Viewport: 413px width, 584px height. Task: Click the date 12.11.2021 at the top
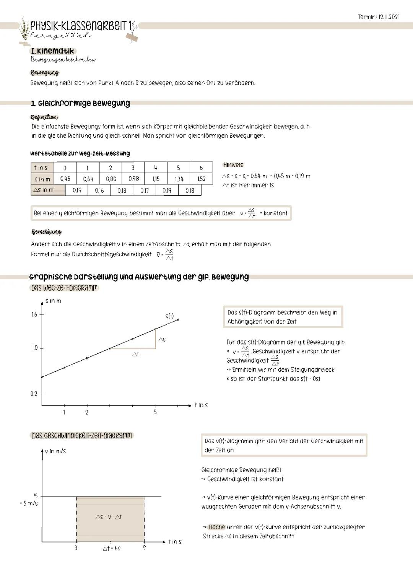point(389,17)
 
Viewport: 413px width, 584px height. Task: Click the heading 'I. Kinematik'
point(52,51)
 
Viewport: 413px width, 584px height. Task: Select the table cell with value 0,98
point(133,179)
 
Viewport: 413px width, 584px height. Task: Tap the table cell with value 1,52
point(201,179)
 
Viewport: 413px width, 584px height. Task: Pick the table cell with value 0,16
point(99,190)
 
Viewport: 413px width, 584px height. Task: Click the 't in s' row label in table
point(41,168)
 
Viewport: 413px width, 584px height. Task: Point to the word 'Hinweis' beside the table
point(233,165)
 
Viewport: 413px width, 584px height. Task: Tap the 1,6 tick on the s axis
point(34,314)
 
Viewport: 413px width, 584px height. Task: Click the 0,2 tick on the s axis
point(34,394)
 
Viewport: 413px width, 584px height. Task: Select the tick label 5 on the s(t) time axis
point(155,412)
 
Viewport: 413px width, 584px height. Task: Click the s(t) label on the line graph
point(169,316)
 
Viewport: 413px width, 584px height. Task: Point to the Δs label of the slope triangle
point(162,339)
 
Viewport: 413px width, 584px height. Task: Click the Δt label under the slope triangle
point(135,354)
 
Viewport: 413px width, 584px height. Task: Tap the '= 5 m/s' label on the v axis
point(29,503)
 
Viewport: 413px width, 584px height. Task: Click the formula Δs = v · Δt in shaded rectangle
point(109,517)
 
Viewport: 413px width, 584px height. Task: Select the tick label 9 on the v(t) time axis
point(144,548)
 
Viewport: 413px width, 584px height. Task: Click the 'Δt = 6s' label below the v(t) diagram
point(111,548)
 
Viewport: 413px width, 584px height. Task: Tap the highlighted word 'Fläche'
point(216,527)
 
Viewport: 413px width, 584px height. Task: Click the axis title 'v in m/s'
point(55,451)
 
